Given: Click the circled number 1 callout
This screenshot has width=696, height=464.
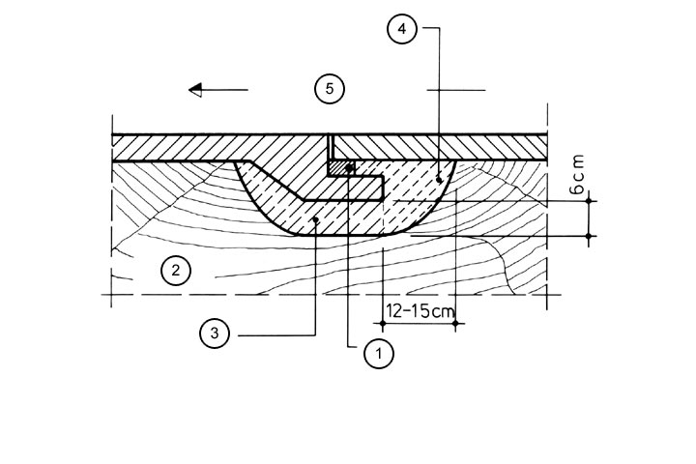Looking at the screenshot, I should click(379, 354).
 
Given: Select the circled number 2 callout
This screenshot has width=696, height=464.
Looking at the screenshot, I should click(175, 270).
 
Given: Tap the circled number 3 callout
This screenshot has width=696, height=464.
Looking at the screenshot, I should click(215, 334).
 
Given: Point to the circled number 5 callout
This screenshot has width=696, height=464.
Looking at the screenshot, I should click(330, 89).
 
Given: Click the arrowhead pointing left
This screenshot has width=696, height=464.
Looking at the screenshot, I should click(197, 90).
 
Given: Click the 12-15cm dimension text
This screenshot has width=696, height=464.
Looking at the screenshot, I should click(419, 310).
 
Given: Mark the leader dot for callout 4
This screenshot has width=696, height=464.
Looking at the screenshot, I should click(440, 178).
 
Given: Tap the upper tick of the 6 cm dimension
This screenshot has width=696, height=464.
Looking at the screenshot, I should click(590, 200).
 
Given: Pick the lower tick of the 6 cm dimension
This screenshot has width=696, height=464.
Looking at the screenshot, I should click(590, 234).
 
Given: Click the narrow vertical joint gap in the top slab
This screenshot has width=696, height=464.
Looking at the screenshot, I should click(330, 147).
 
